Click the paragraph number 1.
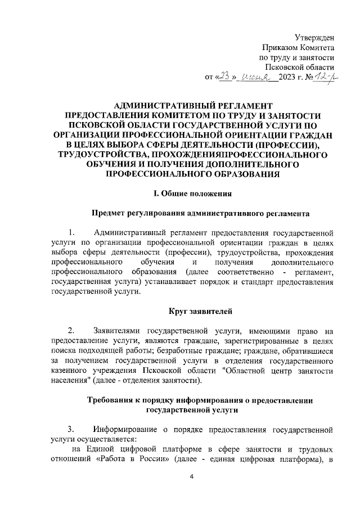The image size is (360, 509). [x=71, y=232]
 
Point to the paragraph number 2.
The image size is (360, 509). [x=71, y=330]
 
